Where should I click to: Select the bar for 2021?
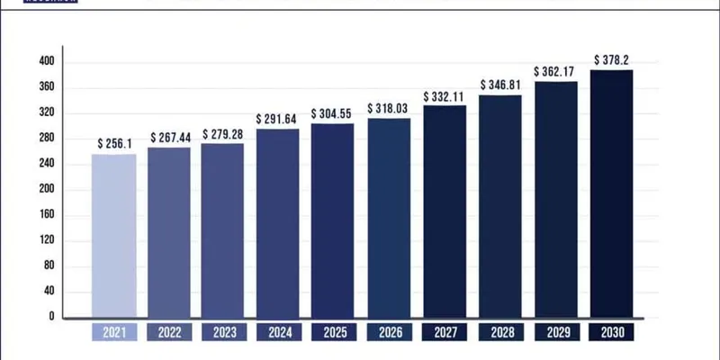coord(114,236)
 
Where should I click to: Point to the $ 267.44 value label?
coord(170,137)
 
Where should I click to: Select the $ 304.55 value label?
coord(334,114)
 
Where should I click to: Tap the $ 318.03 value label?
coord(390,108)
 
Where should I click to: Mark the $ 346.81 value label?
coord(500,84)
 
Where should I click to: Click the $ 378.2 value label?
coord(612,59)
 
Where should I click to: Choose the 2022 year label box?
coord(169,333)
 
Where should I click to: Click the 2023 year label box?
coord(224,333)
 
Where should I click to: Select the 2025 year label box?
coord(334,333)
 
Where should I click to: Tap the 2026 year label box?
coord(390,333)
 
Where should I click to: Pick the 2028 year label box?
coord(500,333)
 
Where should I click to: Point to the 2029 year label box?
coord(556,333)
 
